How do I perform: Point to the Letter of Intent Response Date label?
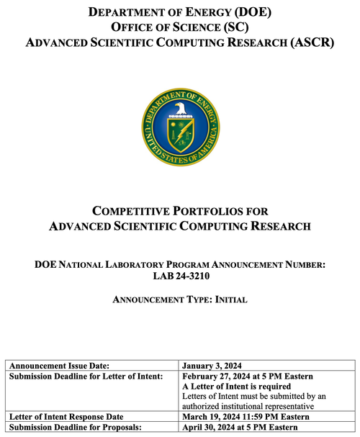(x=66, y=417)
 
